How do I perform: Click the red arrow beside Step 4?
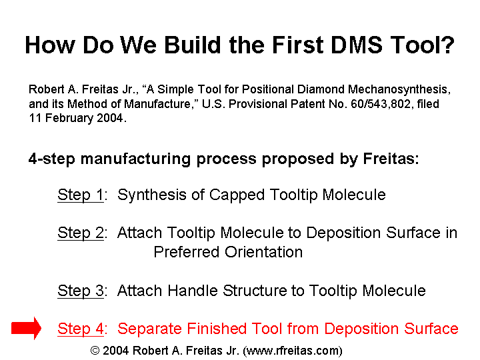point(26,328)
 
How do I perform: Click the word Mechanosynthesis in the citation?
point(399,89)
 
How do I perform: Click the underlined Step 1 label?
point(81,195)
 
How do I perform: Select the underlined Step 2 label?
point(81,233)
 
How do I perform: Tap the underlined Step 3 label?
point(81,291)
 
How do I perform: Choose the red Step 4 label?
point(81,329)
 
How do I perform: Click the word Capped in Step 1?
point(237,195)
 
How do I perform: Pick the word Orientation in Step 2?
point(263,252)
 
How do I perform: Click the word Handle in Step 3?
point(193,291)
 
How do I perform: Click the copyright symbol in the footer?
point(95,351)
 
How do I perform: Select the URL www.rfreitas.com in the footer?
point(293,351)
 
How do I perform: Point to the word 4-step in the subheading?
point(52,159)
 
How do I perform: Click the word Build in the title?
point(193,45)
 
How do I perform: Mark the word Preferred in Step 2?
point(187,252)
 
